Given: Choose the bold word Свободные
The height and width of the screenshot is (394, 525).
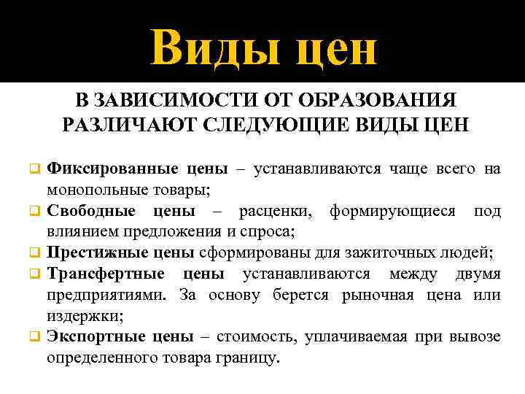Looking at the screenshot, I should [x=91, y=211].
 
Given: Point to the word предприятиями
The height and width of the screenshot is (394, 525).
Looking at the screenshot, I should [x=102, y=295].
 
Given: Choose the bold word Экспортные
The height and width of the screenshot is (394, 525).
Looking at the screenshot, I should [x=93, y=337].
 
